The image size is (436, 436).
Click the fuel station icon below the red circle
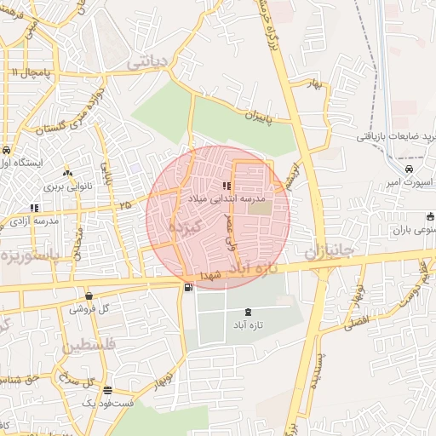187,287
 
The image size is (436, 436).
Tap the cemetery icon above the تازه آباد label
248,313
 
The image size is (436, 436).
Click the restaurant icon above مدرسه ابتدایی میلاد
227,185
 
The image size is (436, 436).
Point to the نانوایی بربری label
66,185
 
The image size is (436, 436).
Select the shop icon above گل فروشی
89,296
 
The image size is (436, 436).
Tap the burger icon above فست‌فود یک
107,390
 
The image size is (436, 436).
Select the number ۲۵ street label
125,204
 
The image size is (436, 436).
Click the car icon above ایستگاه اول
6,150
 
